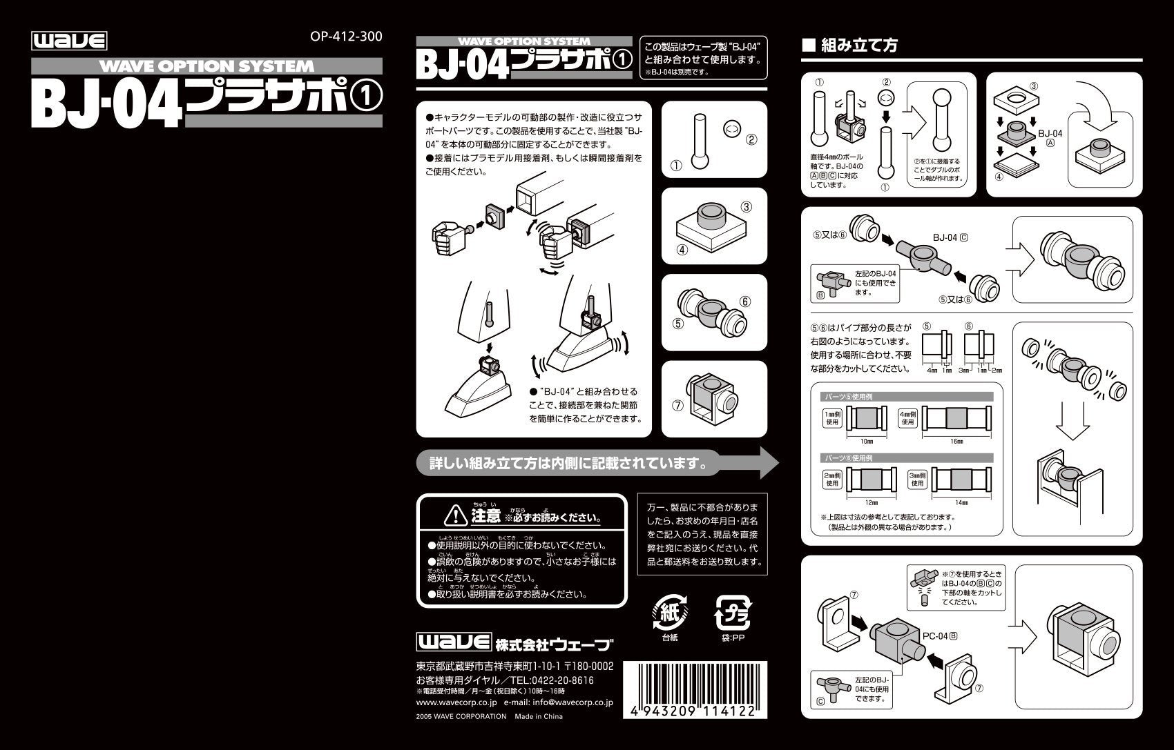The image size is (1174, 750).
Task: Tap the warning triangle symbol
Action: point(456,515)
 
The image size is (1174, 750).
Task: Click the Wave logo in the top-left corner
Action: point(69,41)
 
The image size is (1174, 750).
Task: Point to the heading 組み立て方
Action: point(859,46)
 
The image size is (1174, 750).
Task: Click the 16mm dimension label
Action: point(956,441)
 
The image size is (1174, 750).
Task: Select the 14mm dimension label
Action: point(956,502)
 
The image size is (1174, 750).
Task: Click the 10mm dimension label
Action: point(867,441)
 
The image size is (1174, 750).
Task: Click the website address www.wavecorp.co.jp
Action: point(456,702)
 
